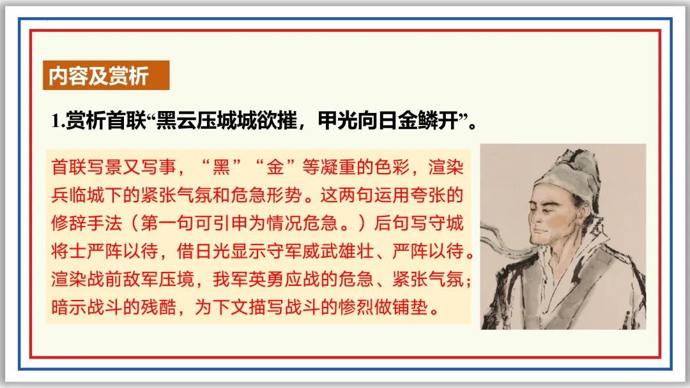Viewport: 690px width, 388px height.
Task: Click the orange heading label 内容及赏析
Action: point(99,76)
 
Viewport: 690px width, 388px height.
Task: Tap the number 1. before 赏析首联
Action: point(58,121)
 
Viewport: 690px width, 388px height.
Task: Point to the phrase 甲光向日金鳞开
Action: point(390,121)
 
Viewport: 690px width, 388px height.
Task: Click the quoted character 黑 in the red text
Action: point(222,168)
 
